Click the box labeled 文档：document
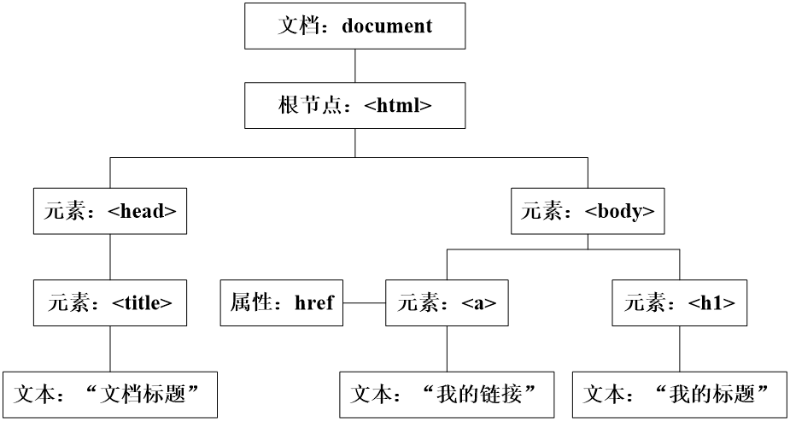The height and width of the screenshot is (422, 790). point(354,26)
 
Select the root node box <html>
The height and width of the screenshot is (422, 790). point(354,106)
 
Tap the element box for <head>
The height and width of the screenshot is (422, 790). point(110,211)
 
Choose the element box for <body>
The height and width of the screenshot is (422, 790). point(588,211)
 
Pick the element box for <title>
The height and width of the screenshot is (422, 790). point(110,302)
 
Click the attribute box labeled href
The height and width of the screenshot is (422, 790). point(282,302)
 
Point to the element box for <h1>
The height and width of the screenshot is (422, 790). point(680,302)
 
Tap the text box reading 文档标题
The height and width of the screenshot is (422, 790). point(110,395)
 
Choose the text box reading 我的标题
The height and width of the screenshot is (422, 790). point(680,395)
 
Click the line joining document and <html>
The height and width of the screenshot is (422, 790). point(354,66)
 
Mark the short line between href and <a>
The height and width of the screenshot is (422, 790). point(364,302)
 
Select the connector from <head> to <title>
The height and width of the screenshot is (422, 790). point(110,256)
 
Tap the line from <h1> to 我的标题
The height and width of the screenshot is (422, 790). point(680,349)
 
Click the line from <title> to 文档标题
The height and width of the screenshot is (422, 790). point(110,349)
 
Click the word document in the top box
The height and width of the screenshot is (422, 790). point(387,26)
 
